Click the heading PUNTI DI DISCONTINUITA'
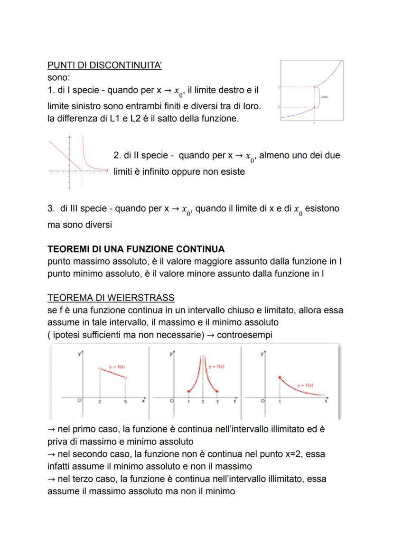[x=105, y=66]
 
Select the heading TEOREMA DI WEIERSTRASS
[x=111, y=298]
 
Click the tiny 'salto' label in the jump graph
[x=324, y=97]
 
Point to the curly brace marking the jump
[x=318, y=97]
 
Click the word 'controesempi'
[x=246, y=335]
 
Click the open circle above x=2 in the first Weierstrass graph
[x=100, y=368]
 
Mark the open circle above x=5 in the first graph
[x=126, y=378]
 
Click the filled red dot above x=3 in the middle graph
[x=217, y=391]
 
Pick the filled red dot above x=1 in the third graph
[x=279, y=377]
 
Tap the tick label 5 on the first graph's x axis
[x=126, y=402]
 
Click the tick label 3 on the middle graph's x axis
[x=217, y=402]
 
